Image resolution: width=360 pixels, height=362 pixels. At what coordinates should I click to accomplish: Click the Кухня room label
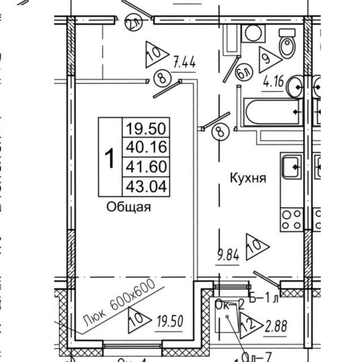pos(247,178)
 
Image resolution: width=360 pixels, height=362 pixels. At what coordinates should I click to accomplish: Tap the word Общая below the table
pos(129,207)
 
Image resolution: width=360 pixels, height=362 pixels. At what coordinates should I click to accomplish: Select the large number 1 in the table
pos(111,156)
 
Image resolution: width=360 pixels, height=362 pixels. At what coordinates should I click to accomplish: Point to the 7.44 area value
pos(184,63)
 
